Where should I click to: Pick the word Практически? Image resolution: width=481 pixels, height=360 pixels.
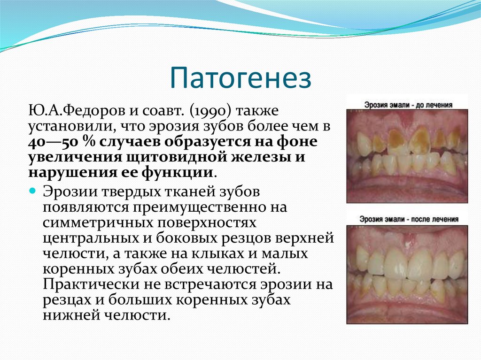[x=84, y=284]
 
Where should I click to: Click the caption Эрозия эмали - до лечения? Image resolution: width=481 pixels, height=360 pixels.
[x=407, y=104]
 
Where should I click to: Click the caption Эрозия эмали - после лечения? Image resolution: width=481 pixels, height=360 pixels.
[x=407, y=219]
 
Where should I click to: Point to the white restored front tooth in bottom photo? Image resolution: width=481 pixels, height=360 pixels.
[x=396, y=263]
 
